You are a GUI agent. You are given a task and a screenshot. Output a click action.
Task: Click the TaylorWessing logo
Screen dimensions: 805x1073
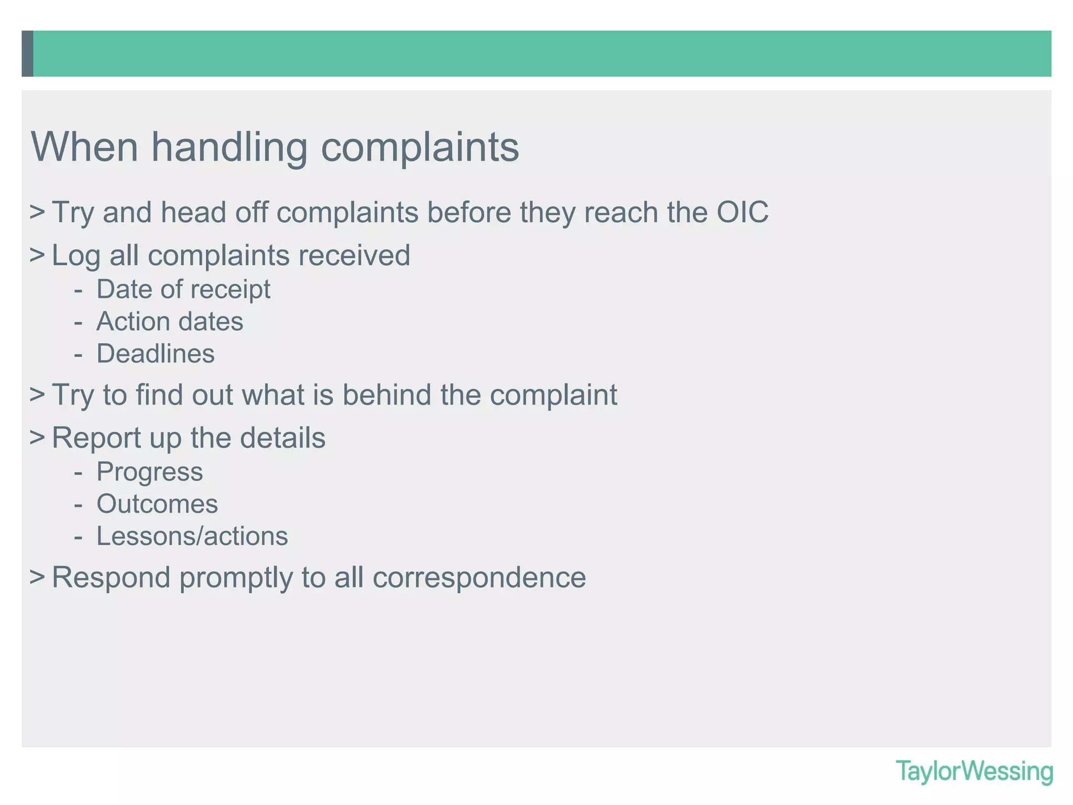click(x=974, y=771)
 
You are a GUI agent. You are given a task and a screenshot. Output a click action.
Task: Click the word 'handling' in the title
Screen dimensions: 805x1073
click(x=229, y=147)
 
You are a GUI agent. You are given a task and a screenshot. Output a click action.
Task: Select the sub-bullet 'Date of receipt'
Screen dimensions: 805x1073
click(x=183, y=289)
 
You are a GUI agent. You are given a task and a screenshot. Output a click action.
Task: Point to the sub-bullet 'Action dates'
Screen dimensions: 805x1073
click(x=170, y=322)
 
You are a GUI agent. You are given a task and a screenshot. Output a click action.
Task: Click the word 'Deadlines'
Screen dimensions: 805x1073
click(x=156, y=354)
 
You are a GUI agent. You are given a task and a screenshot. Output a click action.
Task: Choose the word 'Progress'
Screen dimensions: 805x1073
click(x=150, y=472)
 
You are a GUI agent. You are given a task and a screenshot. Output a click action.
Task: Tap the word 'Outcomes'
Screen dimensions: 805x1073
click(x=157, y=504)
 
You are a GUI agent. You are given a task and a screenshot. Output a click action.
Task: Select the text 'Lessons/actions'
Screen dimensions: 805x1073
click(x=192, y=536)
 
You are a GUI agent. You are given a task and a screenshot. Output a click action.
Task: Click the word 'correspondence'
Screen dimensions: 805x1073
click(x=479, y=578)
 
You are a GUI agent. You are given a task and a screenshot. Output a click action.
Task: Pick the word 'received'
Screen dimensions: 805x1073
click(x=354, y=256)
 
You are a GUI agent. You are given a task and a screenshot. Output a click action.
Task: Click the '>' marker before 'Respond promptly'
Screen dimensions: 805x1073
click(x=37, y=577)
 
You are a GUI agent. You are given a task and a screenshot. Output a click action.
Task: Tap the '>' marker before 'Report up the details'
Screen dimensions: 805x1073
click(x=37, y=437)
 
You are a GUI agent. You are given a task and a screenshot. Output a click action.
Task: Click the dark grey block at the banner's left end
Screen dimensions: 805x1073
click(x=27, y=53)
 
